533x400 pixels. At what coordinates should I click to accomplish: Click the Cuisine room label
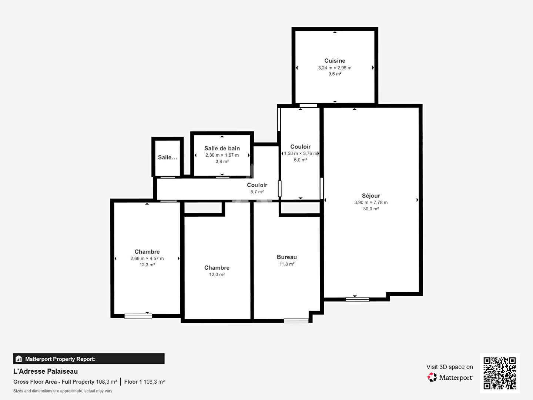pos(335,61)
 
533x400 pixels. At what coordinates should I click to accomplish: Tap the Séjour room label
pos(371,196)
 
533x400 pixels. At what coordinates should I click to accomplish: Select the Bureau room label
pos(287,257)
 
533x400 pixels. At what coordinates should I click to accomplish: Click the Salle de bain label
pos(222,149)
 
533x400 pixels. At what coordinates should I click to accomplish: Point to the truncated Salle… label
pos(168,157)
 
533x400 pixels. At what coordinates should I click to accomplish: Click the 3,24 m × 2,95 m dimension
pos(335,68)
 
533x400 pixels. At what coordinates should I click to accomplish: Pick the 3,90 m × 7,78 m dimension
pos(371,203)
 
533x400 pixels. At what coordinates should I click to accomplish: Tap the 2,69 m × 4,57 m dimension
pos(147,259)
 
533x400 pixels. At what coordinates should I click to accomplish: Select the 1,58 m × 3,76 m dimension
pos(301,153)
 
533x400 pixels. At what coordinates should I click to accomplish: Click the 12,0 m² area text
pos(217,274)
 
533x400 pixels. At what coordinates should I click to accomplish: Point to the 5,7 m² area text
pos(257,192)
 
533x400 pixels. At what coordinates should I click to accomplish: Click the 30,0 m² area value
pos(371,209)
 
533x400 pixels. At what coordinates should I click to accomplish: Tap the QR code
pos(499,373)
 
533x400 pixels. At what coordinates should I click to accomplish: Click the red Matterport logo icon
pos(432,377)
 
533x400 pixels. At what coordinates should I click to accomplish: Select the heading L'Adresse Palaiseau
pos(46,371)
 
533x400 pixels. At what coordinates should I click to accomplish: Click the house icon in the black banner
pos(19,359)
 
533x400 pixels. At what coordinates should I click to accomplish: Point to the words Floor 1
pos(133,382)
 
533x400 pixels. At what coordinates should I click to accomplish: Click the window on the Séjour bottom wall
pos(358,300)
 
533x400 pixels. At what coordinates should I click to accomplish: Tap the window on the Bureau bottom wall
pos(296,321)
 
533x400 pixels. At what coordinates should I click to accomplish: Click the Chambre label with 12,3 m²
pos(147,251)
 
